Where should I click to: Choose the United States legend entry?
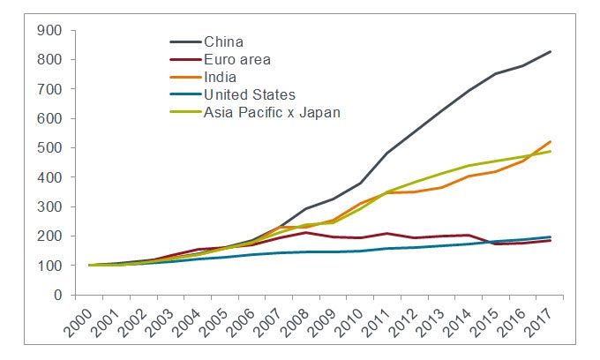pos(249,94)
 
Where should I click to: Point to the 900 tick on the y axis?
pos(49,31)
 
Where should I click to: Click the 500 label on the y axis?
pos(49,148)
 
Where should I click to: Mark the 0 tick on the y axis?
pos(59,296)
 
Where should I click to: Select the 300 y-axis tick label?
pos(49,207)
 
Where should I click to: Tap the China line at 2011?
pos(388,153)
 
